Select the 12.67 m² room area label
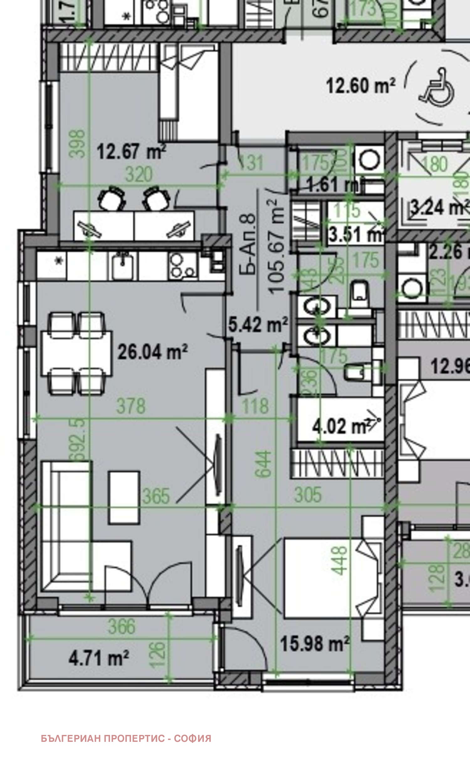pos(131,151)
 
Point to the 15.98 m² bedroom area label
pos(315,644)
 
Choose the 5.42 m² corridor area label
pos(258,325)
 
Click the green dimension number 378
pos(131,406)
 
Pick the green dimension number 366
pos(122,627)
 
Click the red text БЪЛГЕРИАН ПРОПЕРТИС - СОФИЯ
pos(126,738)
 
